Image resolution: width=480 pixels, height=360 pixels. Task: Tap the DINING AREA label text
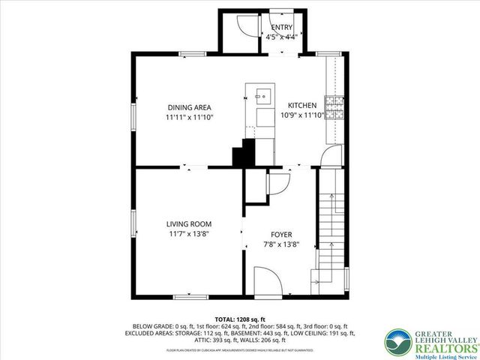pos(190,107)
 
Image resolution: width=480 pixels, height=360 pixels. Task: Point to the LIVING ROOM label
pos(188,223)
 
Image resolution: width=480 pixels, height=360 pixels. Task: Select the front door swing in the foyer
pos(267,282)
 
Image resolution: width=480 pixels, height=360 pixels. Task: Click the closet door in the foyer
pos(277,184)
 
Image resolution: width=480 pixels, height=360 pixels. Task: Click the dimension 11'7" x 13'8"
pos(187,234)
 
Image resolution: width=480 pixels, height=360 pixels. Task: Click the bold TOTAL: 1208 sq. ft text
pos(239,319)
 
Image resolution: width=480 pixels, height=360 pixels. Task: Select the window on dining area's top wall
pos(192,53)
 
